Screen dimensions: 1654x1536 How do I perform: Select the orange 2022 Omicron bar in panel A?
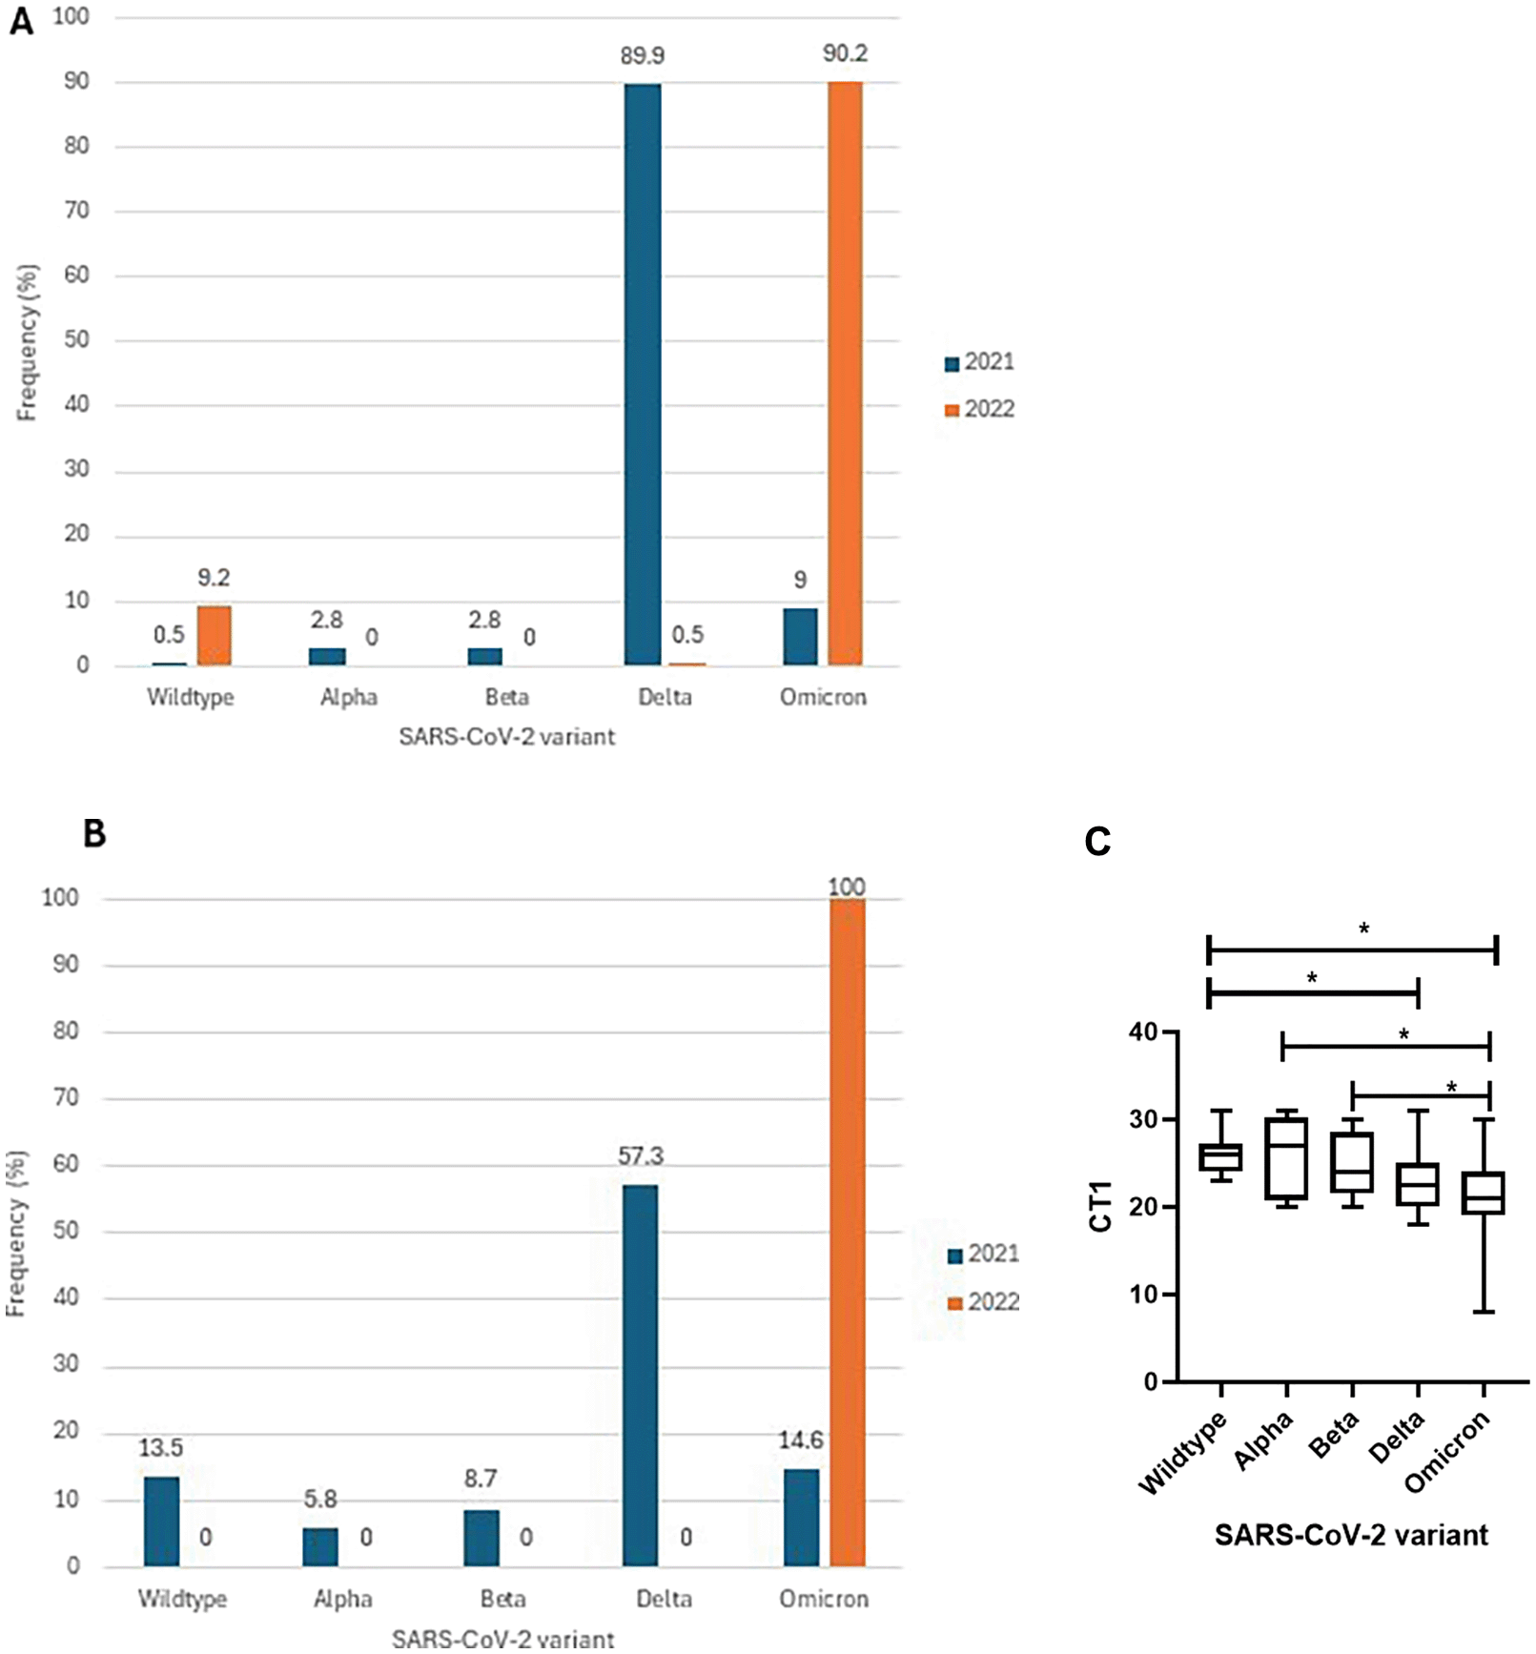pos(845,374)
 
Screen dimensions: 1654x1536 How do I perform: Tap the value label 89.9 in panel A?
pos(642,56)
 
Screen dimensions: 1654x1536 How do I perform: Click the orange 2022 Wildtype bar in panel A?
pos(215,636)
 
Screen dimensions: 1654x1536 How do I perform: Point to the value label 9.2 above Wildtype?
pos(214,578)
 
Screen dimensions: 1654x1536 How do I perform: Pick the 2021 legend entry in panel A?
pos(979,362)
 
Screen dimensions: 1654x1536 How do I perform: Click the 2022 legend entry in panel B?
pos(983,1302)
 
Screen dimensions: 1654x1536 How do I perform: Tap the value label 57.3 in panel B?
pos(640,1156)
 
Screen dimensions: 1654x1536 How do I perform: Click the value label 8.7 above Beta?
pos(481,1479)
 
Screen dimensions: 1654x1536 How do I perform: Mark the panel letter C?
pos(1097,842)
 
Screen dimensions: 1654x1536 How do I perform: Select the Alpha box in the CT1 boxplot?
pos(1286,1158)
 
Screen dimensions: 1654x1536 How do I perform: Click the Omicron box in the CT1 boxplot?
pos(1484,1193)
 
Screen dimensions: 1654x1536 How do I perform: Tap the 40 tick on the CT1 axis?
pos(1142,1032)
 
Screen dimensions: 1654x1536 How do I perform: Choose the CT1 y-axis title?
pos(1101,1206)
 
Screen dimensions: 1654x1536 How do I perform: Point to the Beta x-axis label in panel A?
pos(506,698)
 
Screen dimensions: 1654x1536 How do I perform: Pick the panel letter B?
pos(94,834)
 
